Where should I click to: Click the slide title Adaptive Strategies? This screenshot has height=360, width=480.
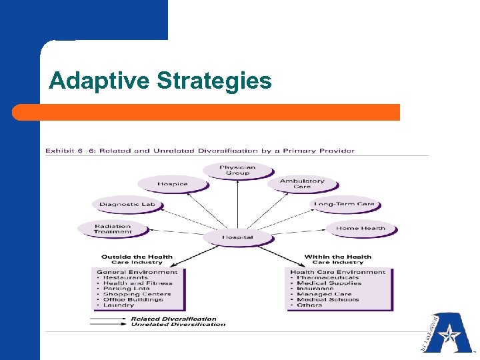(x=160, y=81)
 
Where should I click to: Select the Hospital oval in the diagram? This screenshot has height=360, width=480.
(x=237, y=237)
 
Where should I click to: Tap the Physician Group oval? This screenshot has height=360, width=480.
(x=238, y=170)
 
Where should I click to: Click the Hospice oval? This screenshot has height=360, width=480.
(x=173, y=184)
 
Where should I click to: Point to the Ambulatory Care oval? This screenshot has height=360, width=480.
(x=302, y=183)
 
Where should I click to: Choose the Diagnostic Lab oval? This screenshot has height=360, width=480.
(x=127, y=204)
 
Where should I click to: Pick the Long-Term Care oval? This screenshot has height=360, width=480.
(x=345, y=204)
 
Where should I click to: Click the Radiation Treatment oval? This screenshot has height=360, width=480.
(x=113, y=229)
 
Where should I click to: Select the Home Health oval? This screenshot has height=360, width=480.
(x=361, y=228)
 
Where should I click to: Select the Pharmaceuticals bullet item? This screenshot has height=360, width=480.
(x=328, y=277)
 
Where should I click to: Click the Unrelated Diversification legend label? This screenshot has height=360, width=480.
(x=178, y=325)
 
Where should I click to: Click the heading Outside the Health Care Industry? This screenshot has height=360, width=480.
(x=137, y=259)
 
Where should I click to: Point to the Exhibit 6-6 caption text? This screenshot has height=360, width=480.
(x=200, y=151)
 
